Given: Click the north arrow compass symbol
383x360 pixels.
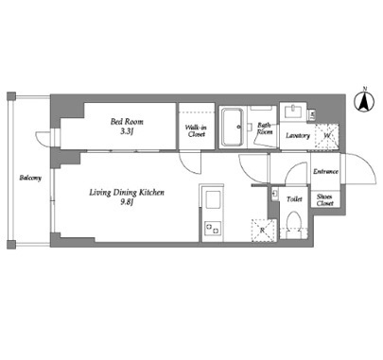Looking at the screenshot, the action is coord(365,102).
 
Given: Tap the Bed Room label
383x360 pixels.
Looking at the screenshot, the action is coord(127,122).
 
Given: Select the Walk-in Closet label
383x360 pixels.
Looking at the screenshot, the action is coord(197,131).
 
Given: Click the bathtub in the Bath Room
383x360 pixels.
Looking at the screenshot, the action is coord(233,128).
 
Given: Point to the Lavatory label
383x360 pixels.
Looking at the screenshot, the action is coord(298,136).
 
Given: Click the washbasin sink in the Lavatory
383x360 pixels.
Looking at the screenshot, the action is coord(294,111).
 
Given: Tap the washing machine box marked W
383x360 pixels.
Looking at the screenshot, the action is coord(327,136).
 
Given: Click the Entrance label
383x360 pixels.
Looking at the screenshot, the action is coord(325,172).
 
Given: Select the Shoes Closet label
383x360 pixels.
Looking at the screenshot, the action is coord(325,199).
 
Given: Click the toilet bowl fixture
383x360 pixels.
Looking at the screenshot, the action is coord(293,224).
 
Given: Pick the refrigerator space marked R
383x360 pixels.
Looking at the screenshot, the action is coord(264,231).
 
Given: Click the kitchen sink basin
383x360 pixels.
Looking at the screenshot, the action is coord(213,199).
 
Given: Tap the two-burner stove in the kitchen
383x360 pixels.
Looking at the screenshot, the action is coord(212,228).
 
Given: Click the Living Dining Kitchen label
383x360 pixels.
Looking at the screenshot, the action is coord(127,193).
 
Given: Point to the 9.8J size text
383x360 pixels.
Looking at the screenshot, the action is coord(127,202).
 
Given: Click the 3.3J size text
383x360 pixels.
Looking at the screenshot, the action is coord(127,131).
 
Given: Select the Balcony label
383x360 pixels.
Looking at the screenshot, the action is coord(30,178).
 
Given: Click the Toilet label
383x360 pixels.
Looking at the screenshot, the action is coord(294,199).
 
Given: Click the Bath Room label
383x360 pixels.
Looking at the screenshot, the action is coord(265,129).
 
